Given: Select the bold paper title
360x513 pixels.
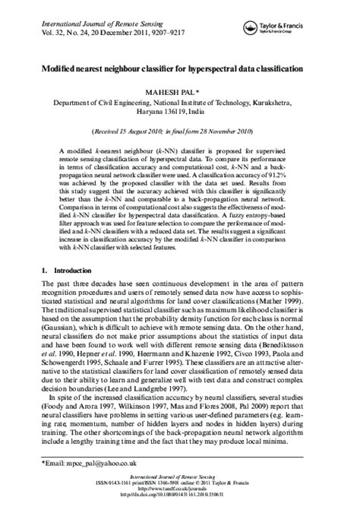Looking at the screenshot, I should tap(180, 68).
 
